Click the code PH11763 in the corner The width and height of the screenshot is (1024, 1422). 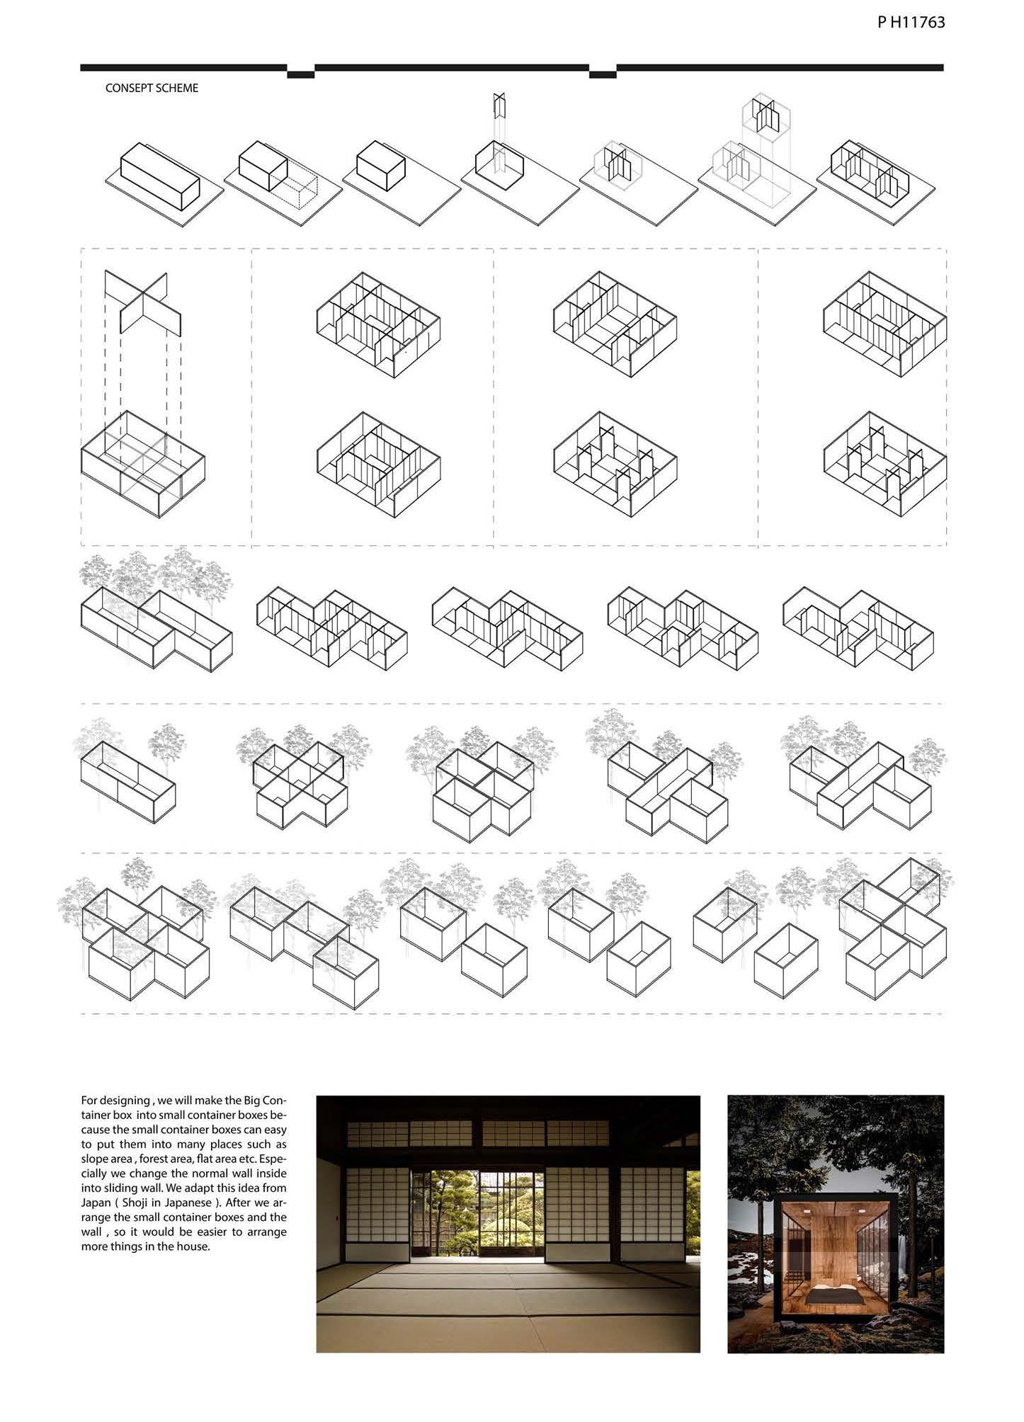pos(911,22)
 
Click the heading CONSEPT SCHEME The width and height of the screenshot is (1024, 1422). pos(152,89)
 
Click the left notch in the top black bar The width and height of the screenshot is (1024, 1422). pos(300,73)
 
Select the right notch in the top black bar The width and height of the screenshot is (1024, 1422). pos(603,73)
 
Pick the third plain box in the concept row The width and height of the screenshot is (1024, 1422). pos(380,166)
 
